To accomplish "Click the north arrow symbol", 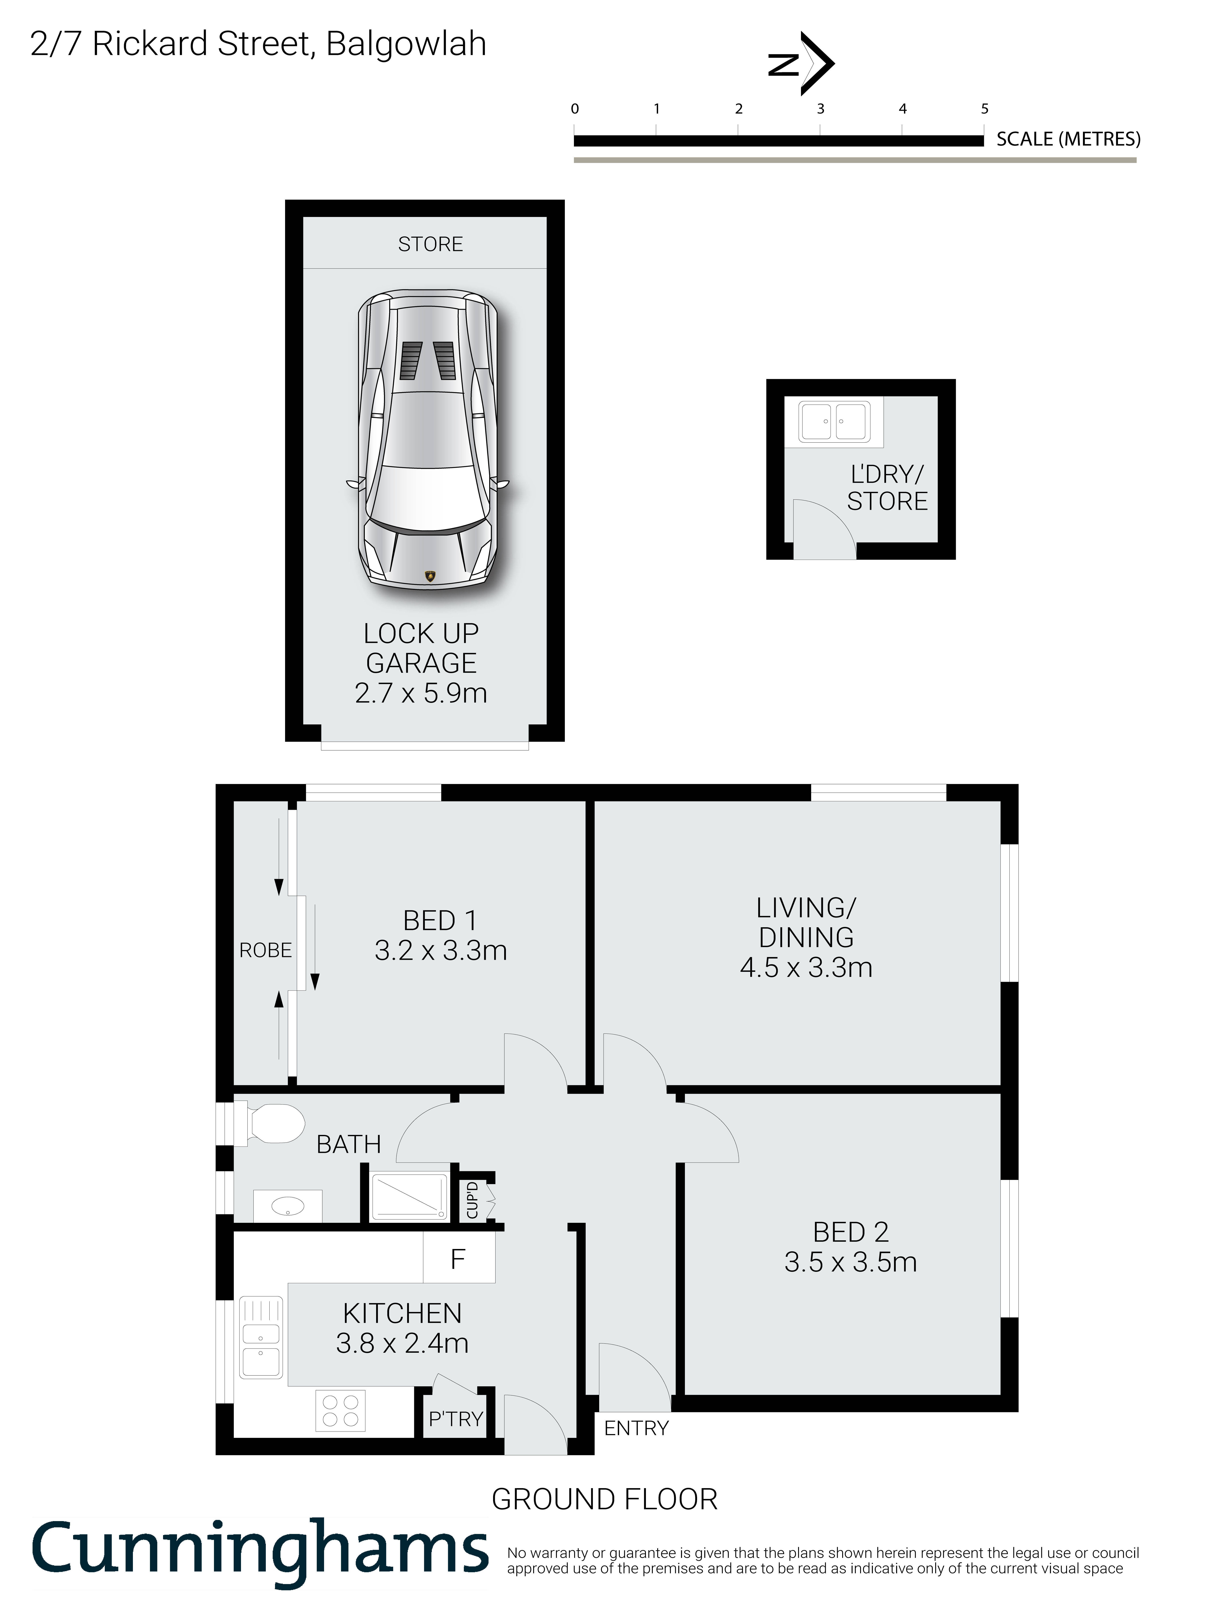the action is pos(802,64).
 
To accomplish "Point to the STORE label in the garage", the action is pos(430,244).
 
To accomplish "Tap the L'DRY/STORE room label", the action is pos(888,488).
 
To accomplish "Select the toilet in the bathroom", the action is pos(270,1124).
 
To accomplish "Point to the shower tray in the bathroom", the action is pos(409,1197).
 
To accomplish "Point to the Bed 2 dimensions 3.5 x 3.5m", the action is pos(851,1262).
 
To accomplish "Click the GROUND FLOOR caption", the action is pos(605,1500).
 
